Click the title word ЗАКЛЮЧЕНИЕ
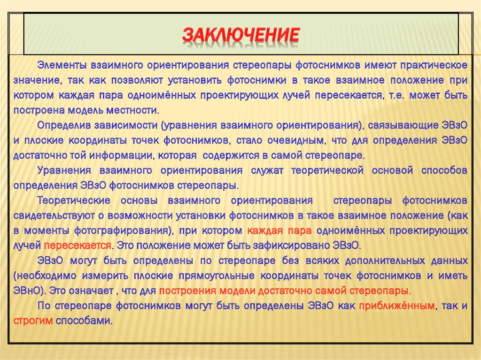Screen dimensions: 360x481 point(240,36)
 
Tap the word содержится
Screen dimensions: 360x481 point(227,155)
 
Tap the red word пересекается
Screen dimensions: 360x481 point(78,245)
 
